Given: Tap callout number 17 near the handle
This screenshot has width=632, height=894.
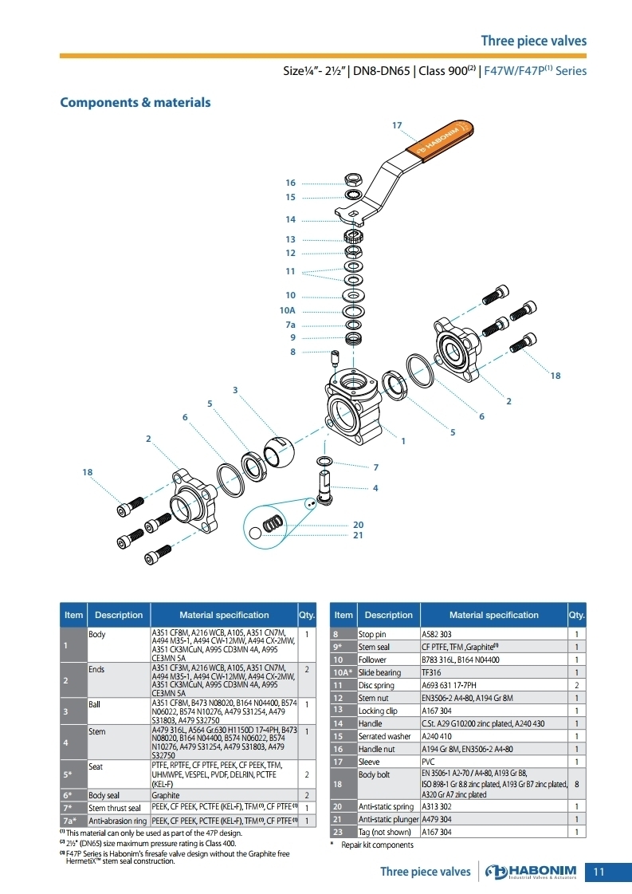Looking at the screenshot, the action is coord(397,125).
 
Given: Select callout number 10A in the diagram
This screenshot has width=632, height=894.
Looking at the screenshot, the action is coord(287,311).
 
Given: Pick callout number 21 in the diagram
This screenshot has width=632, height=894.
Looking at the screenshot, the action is coord(358,535).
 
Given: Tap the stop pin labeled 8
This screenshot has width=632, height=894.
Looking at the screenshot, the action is coord(335,359).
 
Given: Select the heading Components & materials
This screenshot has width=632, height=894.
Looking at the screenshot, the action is coord(135,103).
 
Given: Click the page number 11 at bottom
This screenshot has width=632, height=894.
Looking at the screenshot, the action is coord(599,872).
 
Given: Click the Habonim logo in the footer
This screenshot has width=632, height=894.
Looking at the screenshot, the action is coord(531,872).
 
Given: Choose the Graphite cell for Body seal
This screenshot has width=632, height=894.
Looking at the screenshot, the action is coord(165,795).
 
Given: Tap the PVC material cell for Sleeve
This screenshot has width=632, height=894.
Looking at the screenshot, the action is coord(428,762).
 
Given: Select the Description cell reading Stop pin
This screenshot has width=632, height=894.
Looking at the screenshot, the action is coord(372,634).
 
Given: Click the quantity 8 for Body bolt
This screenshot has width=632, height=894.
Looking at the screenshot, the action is coord(577,784).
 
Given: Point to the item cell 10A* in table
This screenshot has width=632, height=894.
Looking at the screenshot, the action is coord(343,672).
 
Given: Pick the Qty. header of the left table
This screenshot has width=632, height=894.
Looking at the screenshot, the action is coord(307,615).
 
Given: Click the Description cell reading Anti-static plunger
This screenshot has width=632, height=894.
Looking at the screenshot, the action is coord(389,819).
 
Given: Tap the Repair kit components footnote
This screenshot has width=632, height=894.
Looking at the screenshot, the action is coord(377,845).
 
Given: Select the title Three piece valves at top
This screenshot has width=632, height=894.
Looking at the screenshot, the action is coord(533,41).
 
